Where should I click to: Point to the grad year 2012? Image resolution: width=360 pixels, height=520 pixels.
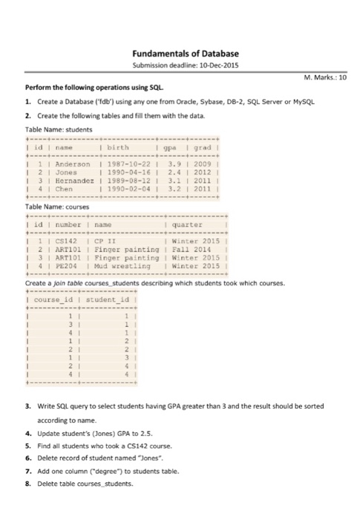(x=200, y=171)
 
